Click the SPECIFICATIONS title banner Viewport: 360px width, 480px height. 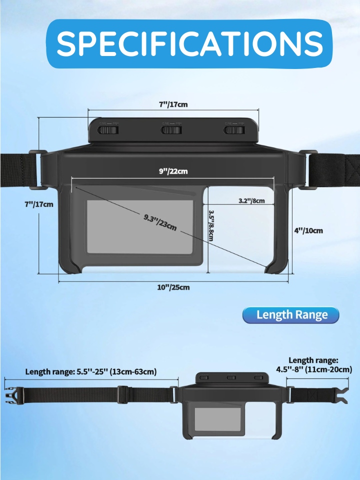click(189, 43)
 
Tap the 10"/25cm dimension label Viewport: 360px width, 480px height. click(173, 287)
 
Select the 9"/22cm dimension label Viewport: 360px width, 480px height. click(173, 171)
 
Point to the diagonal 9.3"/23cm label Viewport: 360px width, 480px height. click(160, 222)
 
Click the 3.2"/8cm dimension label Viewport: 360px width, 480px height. click(251, 201)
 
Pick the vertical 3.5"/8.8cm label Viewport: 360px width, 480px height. click(210, 225)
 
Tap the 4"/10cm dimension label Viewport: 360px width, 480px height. click(308, 230)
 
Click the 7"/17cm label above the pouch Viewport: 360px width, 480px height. click(173, 104)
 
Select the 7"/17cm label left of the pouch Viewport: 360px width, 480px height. click(39, 204)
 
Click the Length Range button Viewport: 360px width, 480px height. click(291, 315)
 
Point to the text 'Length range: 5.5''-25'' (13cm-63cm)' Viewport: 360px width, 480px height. click(91, 371)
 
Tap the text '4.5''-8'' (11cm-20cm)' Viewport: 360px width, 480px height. click(314, 369)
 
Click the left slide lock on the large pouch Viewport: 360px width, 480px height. click(108, 130)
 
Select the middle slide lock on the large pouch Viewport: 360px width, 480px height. click(171, 130)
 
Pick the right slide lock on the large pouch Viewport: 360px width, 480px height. click(234, 130)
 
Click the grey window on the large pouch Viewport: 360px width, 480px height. click(140, 227)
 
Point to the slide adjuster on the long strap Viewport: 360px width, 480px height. click(123, 394)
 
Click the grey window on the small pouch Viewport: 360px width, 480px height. click(217, 419)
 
